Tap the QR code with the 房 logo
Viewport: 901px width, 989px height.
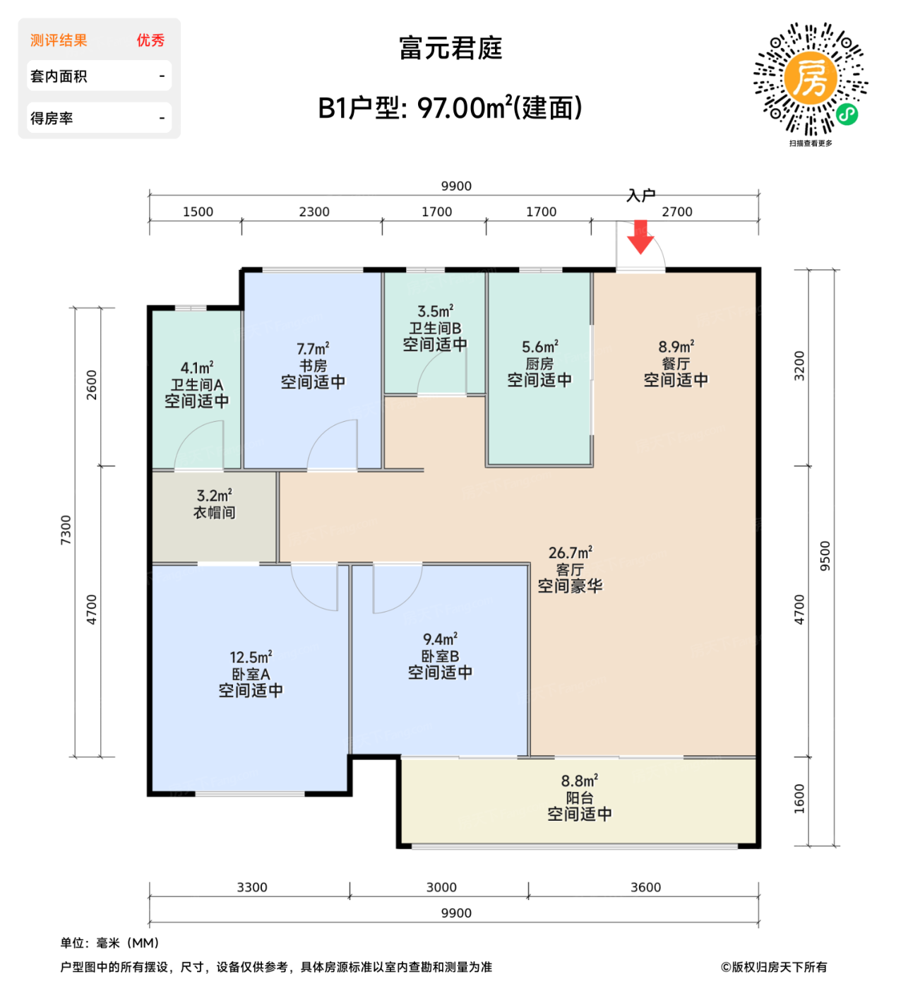point(810,79)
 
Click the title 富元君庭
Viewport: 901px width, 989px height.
point(450,48)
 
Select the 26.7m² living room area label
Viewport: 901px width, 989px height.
point(570,552)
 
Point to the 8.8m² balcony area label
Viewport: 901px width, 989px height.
point(579,781)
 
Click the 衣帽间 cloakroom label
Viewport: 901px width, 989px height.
point(214,513)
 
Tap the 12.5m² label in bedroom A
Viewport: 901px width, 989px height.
point(251,657)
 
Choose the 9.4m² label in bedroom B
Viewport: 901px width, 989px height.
point(440,639)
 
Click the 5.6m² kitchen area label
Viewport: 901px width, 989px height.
point(539,347)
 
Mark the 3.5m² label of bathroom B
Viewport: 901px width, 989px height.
point(435,311)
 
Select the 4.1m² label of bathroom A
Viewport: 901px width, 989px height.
point(196,368)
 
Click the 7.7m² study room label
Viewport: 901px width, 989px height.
point(313,349)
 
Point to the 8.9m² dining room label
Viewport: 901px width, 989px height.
point(676,347)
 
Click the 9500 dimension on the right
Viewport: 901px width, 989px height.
point(825,556)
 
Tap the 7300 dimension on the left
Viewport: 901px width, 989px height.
point(66,530)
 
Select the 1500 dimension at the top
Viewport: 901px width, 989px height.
point(198,212)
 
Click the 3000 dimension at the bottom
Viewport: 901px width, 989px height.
point(441,887)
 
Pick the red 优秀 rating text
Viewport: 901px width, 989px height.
point(150,40)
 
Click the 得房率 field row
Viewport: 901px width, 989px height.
point(99,118)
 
